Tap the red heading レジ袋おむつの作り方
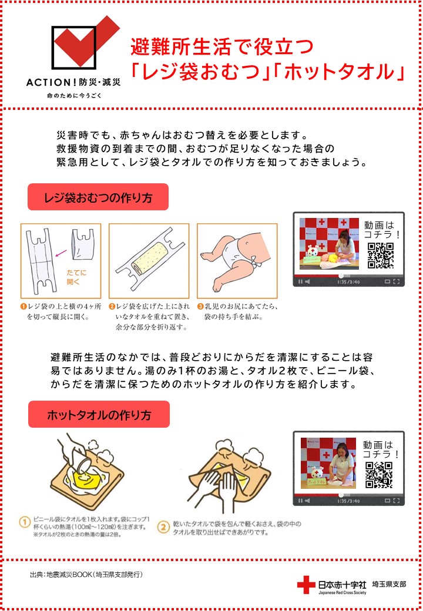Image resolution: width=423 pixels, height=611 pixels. click(98, 198)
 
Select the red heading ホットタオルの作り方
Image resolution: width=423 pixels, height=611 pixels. click(99, 415)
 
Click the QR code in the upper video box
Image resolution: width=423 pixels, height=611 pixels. click(381, 256)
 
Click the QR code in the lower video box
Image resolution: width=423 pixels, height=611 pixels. click(378, 475)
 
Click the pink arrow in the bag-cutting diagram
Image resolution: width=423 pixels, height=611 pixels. click(62, 253)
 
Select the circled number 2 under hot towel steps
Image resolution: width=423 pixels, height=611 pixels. click(163, 527)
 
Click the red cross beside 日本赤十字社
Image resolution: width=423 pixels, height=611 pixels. click(306, 585)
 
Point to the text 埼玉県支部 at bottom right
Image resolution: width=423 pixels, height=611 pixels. click(389, 584)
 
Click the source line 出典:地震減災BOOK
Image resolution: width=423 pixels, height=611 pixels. click(86, 575)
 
